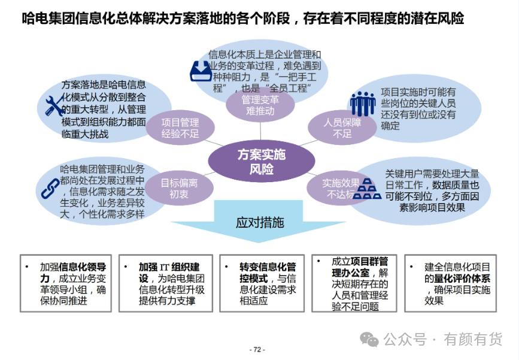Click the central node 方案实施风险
point(261,161)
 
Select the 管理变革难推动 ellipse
point(260,105)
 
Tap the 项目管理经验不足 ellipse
point(180,128)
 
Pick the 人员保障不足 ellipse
point(342,128)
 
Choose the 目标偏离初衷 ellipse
point(179,188)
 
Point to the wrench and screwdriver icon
point(54,105)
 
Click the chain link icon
point(50,189)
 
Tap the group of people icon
point(363,104)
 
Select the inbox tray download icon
point(201,71)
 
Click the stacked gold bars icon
point(367,189)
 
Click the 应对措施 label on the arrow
point(260,223)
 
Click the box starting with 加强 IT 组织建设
point(166,283)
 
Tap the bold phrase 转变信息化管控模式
point(268,272)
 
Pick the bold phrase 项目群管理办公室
point(360,267)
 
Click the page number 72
point(257,349)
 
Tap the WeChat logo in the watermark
point(369,340)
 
